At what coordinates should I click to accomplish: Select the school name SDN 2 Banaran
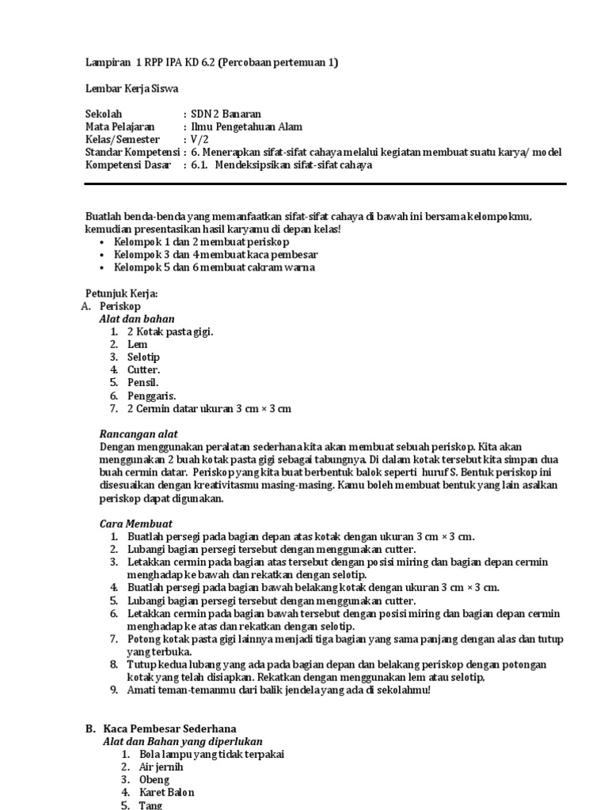click(226, 114)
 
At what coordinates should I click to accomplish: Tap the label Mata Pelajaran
click(120, 127)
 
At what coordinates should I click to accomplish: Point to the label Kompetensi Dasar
click(129, 165)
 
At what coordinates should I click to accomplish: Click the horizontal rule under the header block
click(325, 184)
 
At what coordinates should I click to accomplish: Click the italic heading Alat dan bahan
click(137, 319)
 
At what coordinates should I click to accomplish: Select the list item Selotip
click(143, 357)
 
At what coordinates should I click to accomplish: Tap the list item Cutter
click(144, 369)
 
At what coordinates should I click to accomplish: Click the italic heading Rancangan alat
click(139, 434)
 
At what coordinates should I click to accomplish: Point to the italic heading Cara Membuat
click(135, 524)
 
